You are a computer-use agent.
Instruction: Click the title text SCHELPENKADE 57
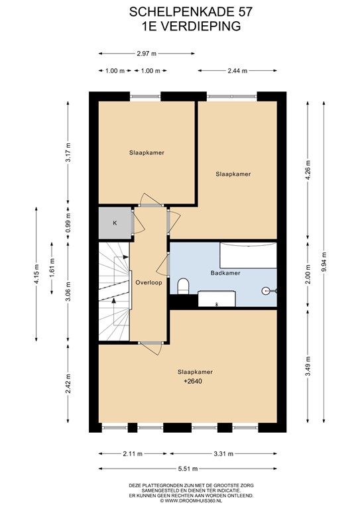(x=180, y=11)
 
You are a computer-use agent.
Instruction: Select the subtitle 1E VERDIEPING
(x=180, y=27)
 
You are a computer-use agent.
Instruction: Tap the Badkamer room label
(x=225, y=273)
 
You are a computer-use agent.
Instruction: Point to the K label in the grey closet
(x=115, y=223)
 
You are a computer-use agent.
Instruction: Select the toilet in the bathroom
(x=184, y=286)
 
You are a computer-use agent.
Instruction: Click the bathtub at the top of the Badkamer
(x=248, y=255)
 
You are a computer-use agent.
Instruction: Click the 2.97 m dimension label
(x=147, y=54)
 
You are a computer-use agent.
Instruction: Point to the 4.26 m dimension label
(x=306, y=170)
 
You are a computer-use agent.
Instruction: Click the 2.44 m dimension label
(x=237, y=70)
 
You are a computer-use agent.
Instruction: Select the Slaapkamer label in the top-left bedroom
(x=147, y=152)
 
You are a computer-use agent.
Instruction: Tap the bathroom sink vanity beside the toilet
(x=216, y=299)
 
